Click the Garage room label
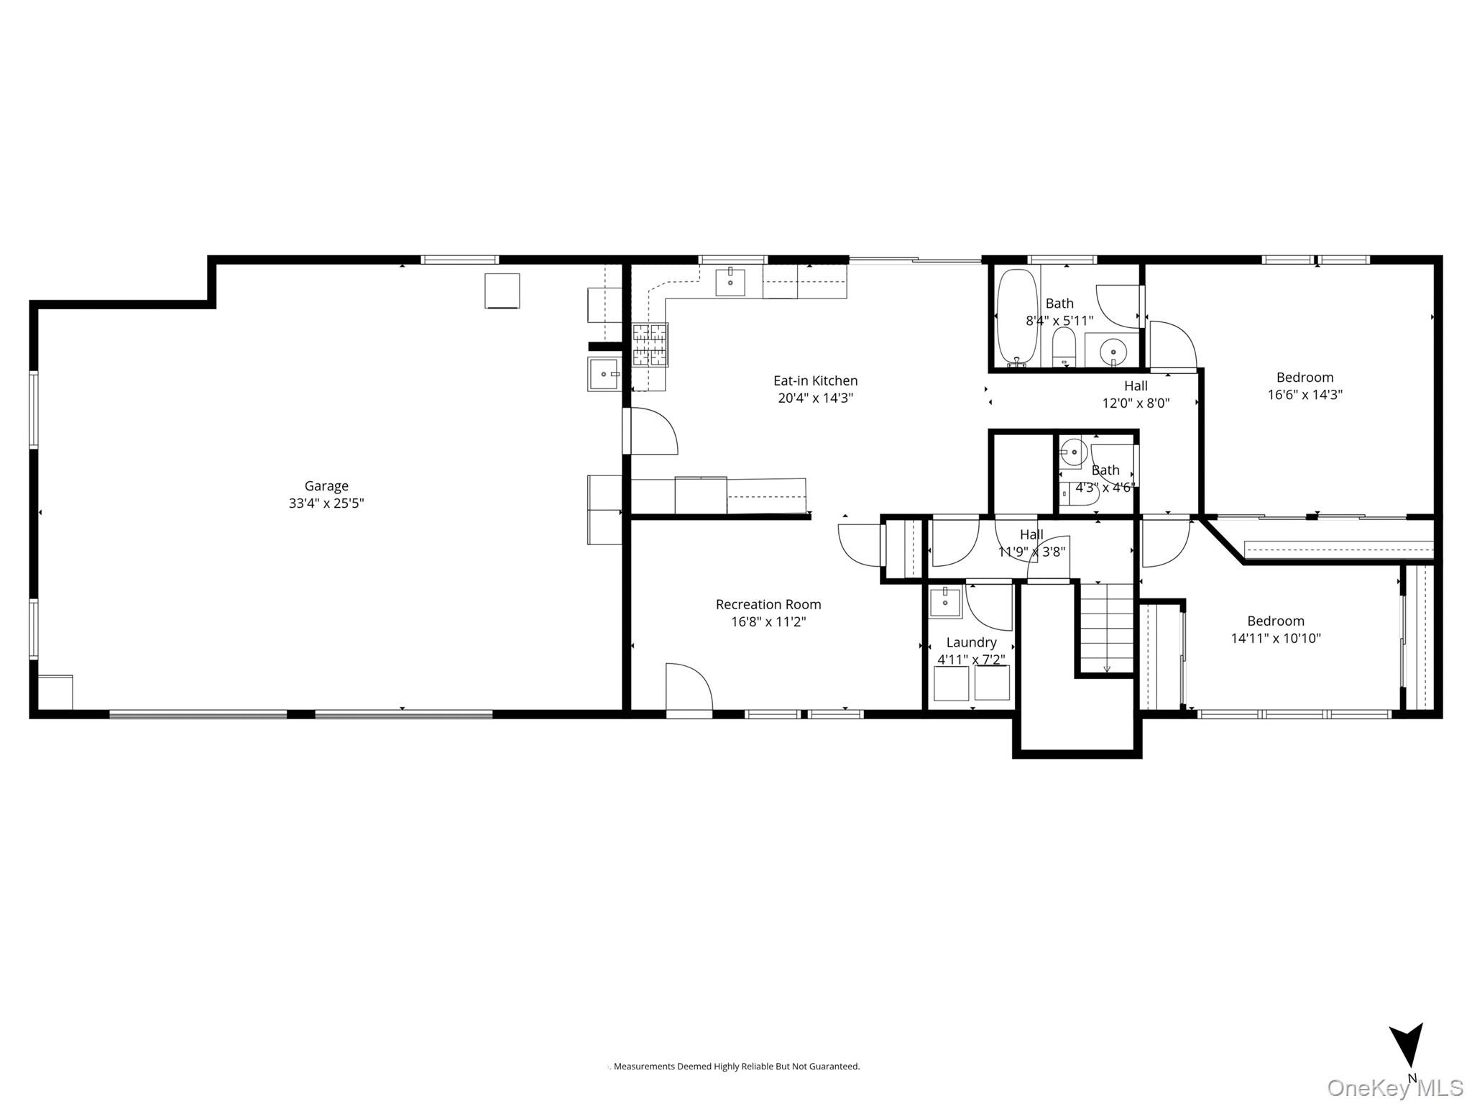pyautogui.click(x=326, y=486)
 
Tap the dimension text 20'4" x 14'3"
pyautogui.click(x=815, y=398)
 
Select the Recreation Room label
pyautogui.click(x=768, y=605)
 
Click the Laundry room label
pyautogui.click(x=971, y=642)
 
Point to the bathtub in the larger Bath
pyautogui.click(x=1016, y=317)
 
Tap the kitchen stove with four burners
pyautogui.click(x=650, y=345)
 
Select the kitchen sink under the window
pyautogui.click(x=730, y=283)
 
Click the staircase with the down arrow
pyautogui.click(x=1107, y=628)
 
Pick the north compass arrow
pyautogui.click(x=1406, y=1053)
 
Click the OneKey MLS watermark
pyautogui.click(x=1394, y=1087)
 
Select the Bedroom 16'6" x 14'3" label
pyautogui.click(x=1305, y=378)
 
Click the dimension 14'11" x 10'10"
pyautogui.click(x=1276, y=638)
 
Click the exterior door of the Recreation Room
pyautogui.click(x=689, y=690)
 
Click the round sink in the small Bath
pyautogui.click(x=1073, y=452)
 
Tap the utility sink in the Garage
pyautogui.click(x=604, y=374)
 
